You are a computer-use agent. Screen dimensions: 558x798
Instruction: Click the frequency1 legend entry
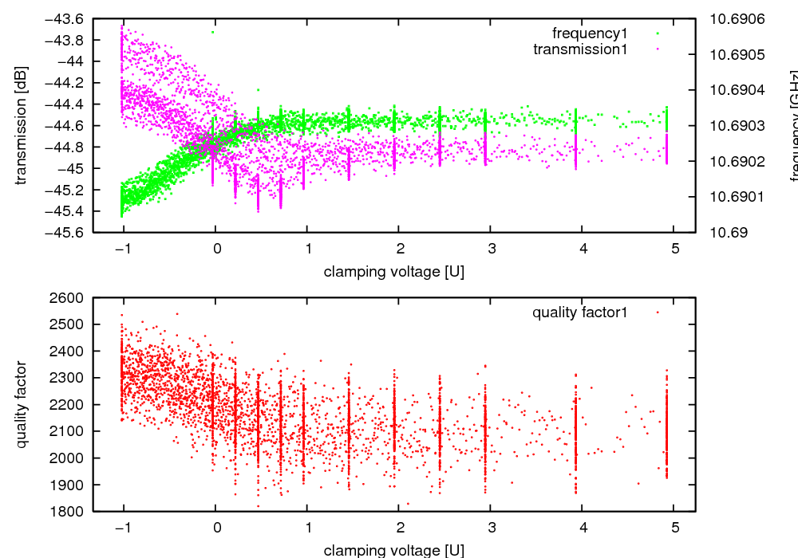pos(591,33)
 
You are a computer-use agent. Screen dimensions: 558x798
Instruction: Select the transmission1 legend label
pos(580,49)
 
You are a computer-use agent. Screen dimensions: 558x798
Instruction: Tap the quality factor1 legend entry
pos(580,312)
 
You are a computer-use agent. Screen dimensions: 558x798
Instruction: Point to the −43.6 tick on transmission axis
pos(69,18)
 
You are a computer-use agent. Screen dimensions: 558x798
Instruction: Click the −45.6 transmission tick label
pos(69,232)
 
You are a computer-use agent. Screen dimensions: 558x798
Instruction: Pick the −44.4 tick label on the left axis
pos(69,104)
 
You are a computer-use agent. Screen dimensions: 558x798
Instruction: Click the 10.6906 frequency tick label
pos(737,18)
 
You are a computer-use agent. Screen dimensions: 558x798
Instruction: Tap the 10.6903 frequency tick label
pos(737,125)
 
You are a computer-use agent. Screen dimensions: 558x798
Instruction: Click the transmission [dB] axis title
pos(22,125)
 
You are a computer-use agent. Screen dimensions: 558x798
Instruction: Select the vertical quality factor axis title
pos(22,404)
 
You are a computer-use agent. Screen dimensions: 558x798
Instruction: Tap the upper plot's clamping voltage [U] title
pos(393,271)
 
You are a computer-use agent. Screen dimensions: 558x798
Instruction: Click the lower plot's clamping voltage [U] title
pos(393,549)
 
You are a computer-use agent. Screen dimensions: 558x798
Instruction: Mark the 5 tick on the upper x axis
pos(674,248)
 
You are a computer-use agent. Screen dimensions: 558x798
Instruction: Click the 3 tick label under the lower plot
pos(491,527)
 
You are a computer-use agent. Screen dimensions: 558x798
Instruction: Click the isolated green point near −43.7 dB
pos(213,32)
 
